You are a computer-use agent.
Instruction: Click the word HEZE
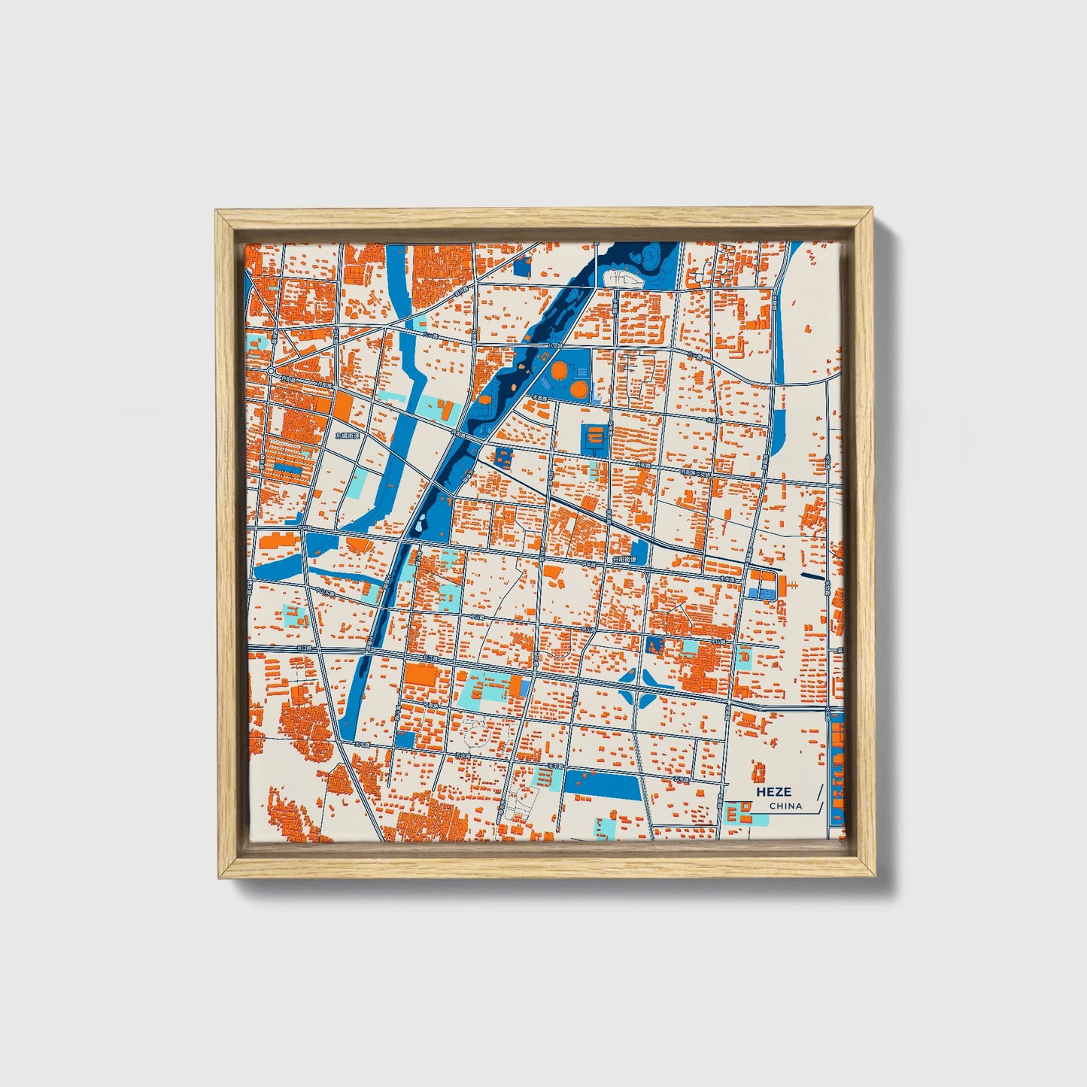774,791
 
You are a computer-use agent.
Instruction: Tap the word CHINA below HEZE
785,806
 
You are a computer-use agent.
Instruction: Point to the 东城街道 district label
348,436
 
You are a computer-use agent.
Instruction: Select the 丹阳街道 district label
624,560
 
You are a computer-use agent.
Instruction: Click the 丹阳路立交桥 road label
697,472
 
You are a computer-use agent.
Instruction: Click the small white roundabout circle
270,371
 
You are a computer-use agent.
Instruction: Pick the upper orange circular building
560,370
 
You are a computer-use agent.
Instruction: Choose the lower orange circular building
578,388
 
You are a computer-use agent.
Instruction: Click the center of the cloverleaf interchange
639,688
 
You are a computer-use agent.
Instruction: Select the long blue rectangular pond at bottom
602,785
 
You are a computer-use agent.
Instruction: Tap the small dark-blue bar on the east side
813,577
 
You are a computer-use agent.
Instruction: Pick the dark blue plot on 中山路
654,644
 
